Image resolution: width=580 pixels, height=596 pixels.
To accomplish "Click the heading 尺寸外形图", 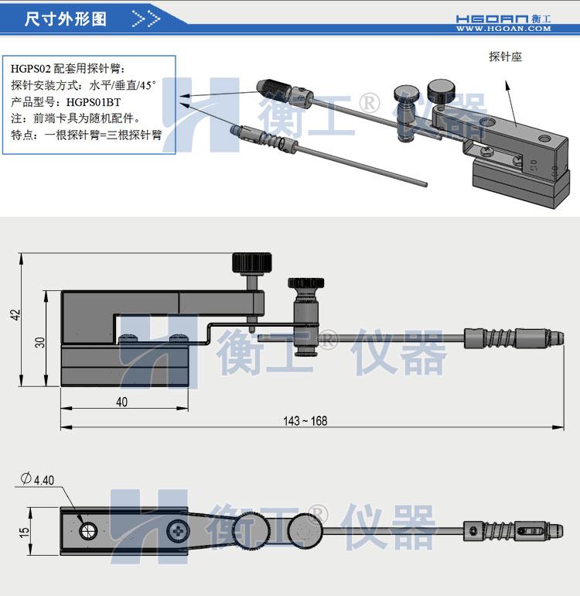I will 66,19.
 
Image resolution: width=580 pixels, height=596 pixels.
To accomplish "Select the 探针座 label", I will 506,57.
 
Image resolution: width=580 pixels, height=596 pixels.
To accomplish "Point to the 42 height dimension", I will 16,315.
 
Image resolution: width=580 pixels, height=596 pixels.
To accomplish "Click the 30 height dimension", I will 40,341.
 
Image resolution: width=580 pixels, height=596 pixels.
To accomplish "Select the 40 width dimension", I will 122,402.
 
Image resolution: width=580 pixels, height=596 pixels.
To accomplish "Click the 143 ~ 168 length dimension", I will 305,420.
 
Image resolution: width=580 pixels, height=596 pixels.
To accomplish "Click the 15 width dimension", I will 25,532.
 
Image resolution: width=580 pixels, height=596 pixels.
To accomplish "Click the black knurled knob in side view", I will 251,262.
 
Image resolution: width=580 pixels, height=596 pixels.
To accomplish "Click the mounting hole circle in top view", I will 88,530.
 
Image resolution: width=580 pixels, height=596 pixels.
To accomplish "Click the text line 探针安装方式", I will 84,85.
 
